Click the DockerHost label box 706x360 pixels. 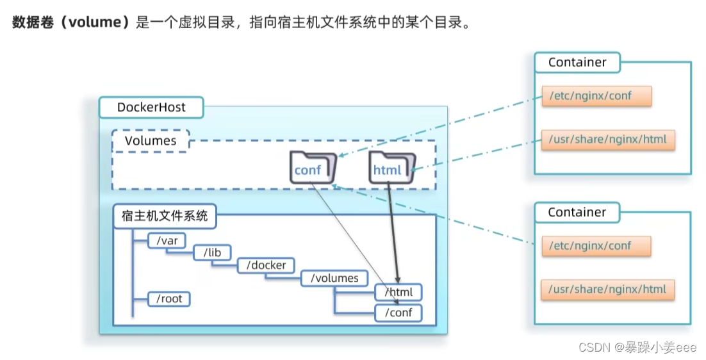point(151,108)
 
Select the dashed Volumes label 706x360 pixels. point(151,141)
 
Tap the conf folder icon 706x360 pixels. point(312,168)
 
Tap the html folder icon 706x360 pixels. point(389,168)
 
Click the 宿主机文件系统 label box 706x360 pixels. point(165,217)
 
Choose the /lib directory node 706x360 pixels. point(212,252)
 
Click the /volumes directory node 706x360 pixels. point(334,278)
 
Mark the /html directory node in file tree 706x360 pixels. point(398,293)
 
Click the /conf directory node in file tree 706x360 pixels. point(398,313)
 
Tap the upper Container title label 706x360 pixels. point(577,63)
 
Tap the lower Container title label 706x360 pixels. point(577,213)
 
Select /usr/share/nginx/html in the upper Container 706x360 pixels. point(608,140)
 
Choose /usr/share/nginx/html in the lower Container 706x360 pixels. point(608,290)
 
